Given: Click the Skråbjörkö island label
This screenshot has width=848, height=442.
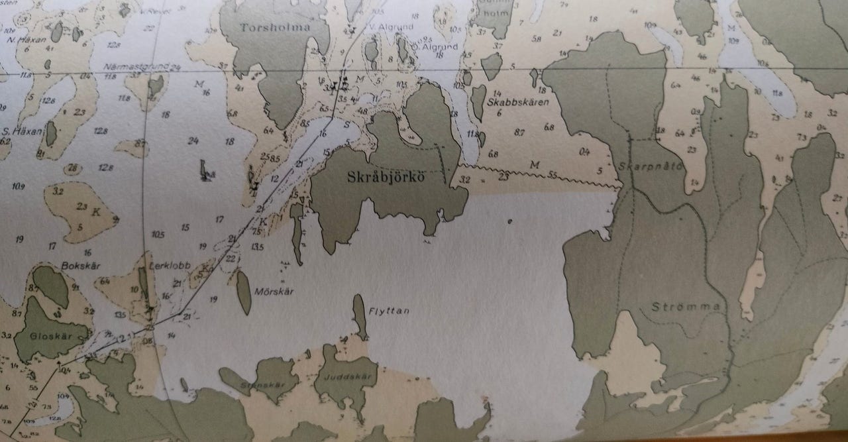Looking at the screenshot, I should click(384, 178).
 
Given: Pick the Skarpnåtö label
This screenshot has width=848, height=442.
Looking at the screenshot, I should click(652, 166).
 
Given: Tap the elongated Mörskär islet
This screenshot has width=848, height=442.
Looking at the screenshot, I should click(244, 292).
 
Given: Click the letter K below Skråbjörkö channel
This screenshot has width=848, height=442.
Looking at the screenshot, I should click(263, 221).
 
